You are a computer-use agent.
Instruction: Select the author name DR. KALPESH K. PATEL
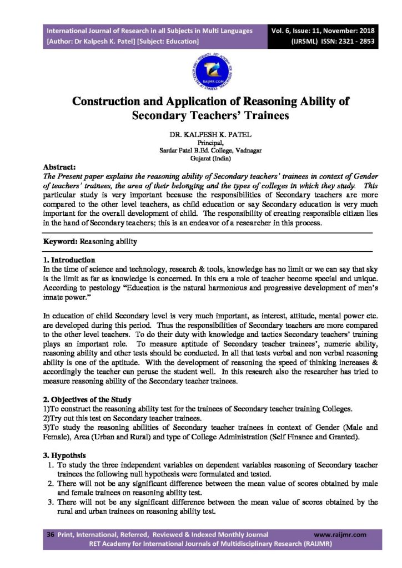200,135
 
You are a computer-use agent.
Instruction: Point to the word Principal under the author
201,143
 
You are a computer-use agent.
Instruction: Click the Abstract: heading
61,166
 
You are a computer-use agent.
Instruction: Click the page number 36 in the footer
50,534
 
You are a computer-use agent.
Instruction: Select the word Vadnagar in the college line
247,150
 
